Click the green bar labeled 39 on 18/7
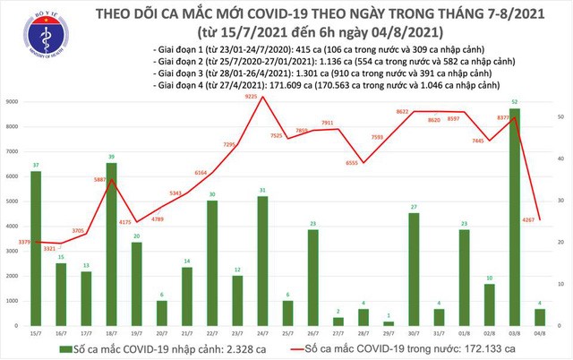111,246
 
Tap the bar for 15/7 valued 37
36,251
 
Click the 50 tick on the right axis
560,117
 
